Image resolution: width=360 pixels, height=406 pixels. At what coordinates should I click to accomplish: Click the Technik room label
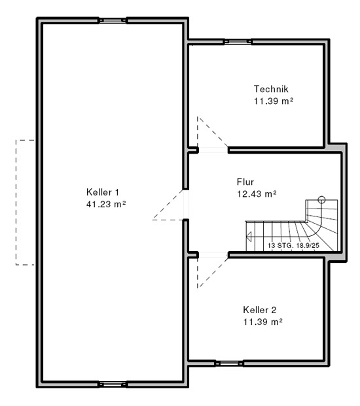(271, 89)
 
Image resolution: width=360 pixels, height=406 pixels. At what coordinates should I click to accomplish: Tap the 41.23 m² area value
(106, 204)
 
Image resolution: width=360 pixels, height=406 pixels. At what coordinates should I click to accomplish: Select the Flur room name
(245, 182)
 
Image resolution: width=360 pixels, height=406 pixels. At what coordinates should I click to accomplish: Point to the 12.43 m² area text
(257, 194)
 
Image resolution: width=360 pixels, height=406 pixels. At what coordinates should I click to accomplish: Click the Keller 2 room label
(260, 310)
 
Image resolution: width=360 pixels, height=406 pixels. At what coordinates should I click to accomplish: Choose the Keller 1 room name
(103, 192)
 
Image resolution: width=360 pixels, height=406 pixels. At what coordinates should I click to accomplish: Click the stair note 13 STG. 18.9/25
(293, 245)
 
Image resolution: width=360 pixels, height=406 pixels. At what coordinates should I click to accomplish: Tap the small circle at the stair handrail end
(321, 199)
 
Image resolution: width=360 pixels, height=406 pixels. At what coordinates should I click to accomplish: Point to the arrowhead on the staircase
(249, 237)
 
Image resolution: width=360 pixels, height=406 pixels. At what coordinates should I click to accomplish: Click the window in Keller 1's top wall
(113, 20)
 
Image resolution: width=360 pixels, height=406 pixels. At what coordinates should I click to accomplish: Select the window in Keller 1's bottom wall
(113, 384)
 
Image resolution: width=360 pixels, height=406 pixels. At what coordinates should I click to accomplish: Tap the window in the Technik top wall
(238, 42)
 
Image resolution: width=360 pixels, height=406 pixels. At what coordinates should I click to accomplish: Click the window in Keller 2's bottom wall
(229, 364)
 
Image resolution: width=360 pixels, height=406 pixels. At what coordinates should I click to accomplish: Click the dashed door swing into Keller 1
(168, 205)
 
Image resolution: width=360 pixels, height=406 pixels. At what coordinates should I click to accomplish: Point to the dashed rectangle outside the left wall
(16, 202)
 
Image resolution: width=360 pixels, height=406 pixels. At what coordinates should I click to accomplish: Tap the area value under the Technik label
(274, 101)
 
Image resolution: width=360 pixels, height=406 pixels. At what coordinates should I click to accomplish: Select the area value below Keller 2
(262, 322)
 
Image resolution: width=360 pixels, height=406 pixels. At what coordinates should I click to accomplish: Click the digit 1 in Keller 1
(117, 192)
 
